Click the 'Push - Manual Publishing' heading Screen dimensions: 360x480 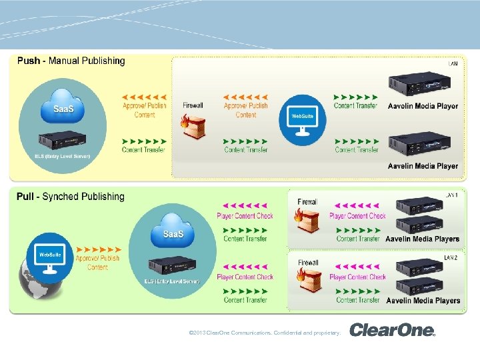(71, 61)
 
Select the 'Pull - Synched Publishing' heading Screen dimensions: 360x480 (71, 197)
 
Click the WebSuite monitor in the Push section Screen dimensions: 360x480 (302, 119)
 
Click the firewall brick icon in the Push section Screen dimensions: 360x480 (193, 127)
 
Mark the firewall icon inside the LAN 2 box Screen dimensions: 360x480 (307, 281)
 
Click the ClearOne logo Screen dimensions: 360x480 (392, 330)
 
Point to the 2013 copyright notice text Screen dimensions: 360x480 (265, 332)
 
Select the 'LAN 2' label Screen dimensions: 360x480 (452, 256)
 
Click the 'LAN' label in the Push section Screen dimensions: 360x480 (453, 64)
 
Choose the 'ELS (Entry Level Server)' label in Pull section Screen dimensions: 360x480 (172, 281)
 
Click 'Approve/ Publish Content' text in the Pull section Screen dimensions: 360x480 (97, 263)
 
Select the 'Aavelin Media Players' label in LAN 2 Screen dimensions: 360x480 (423, 301)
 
